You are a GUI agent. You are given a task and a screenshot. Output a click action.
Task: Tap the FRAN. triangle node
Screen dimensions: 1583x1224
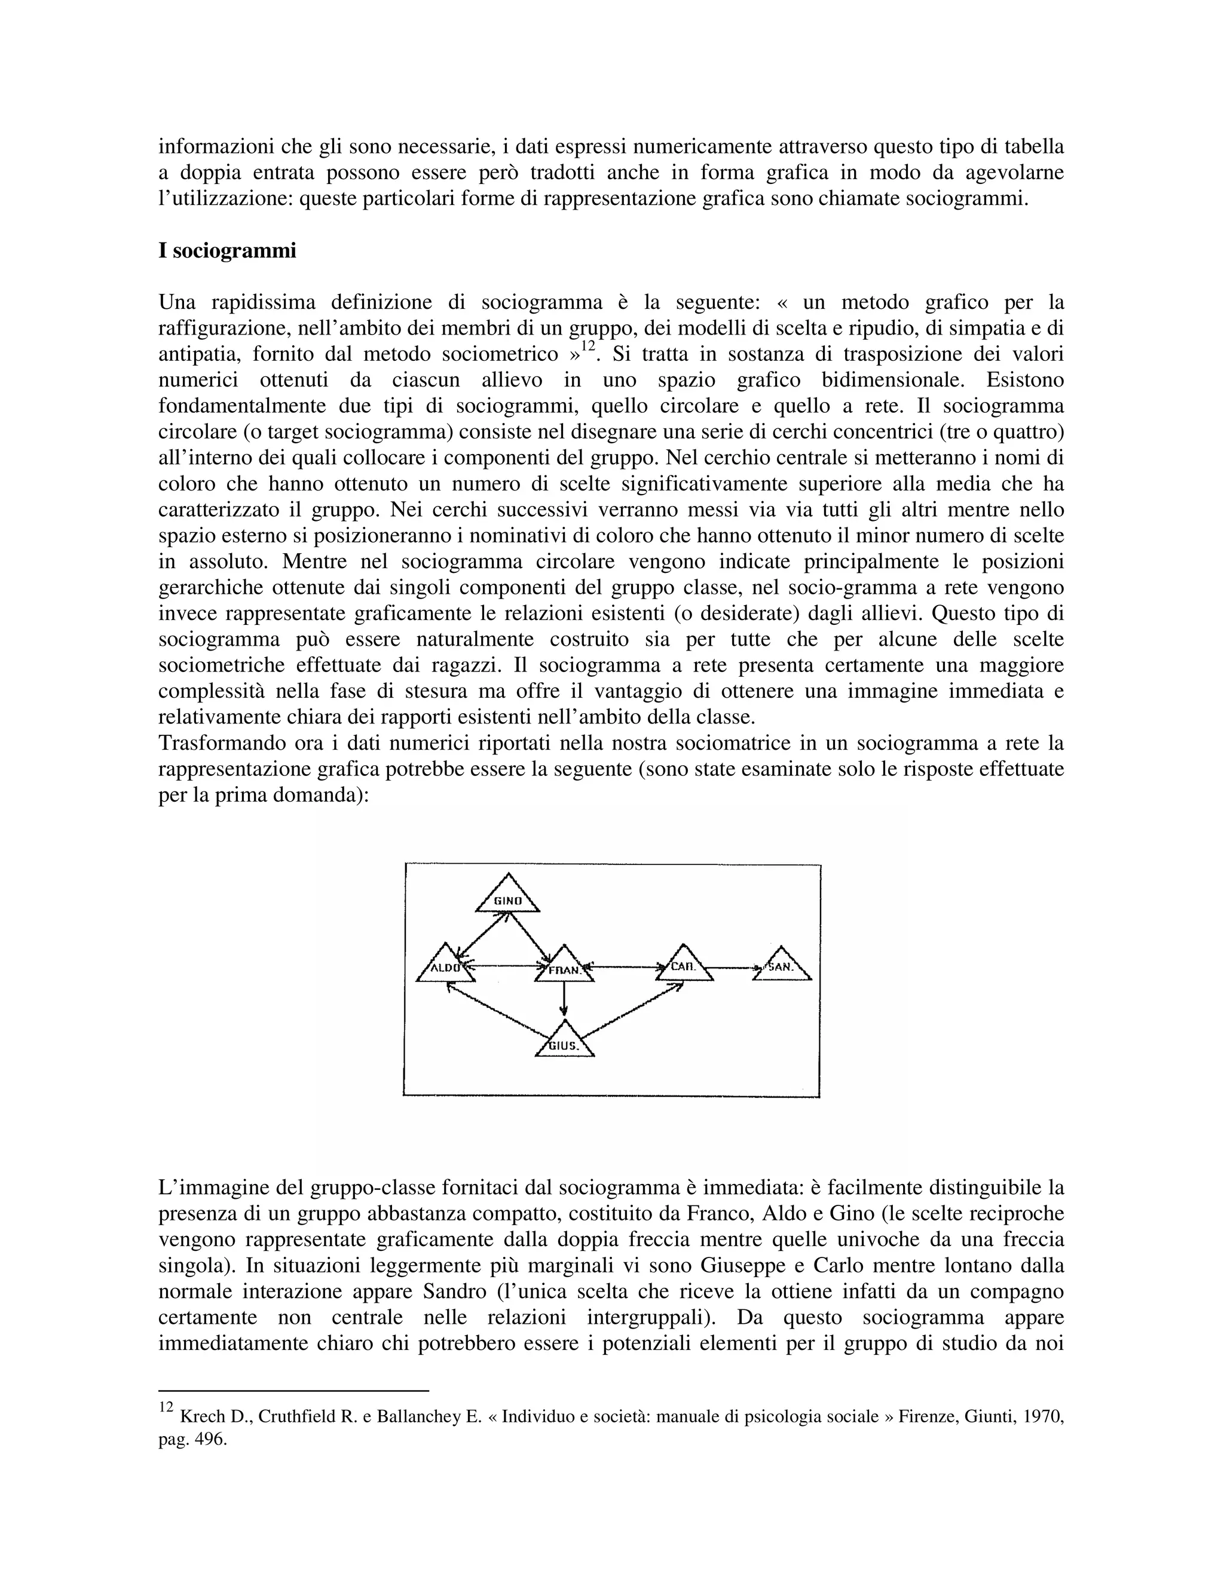tap(564, 968)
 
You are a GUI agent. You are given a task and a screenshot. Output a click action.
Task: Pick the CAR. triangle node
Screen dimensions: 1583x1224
tap(684, 966)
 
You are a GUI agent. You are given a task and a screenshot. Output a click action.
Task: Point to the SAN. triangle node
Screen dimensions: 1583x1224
tap(782, 967)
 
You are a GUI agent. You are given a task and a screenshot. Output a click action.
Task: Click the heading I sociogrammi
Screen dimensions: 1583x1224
tap(227, 251)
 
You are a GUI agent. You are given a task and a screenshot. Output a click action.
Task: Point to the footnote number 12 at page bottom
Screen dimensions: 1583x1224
tap(166, 1407)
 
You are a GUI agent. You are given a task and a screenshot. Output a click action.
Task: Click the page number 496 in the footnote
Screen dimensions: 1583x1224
tap(211, 1440)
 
